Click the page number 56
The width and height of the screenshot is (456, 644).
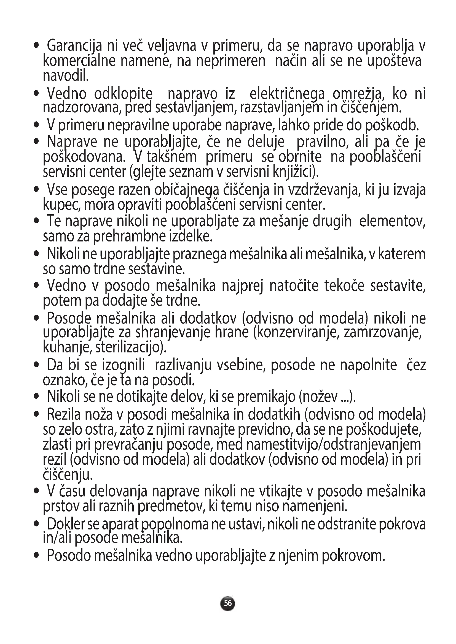click(x=228, y=603)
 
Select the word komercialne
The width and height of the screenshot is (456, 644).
click(x=79, y=61)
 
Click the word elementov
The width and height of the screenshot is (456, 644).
click(x=392, y=222)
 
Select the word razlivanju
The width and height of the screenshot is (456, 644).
click(x=183, y=365)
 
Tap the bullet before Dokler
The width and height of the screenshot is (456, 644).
click(x=36, y=523)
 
